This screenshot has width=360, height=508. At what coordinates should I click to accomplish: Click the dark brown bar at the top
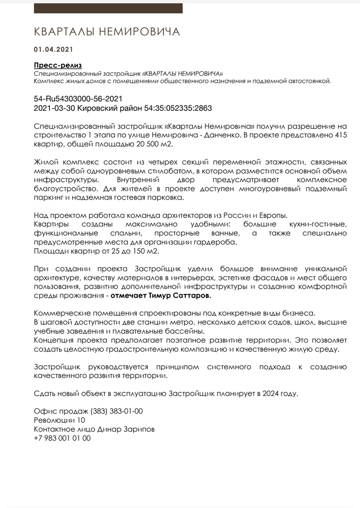click(x=108, y=9)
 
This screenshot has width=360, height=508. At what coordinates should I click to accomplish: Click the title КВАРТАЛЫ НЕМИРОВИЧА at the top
click(x=107, y=32)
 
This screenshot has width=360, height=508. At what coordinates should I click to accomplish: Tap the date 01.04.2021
click(x=53, y=49)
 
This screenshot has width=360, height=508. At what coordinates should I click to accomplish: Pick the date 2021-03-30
click(x=54, y=109)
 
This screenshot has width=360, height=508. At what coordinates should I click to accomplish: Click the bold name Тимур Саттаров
click(x=180, y=296)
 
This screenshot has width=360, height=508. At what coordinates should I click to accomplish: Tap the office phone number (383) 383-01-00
click(x=117, y=411)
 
